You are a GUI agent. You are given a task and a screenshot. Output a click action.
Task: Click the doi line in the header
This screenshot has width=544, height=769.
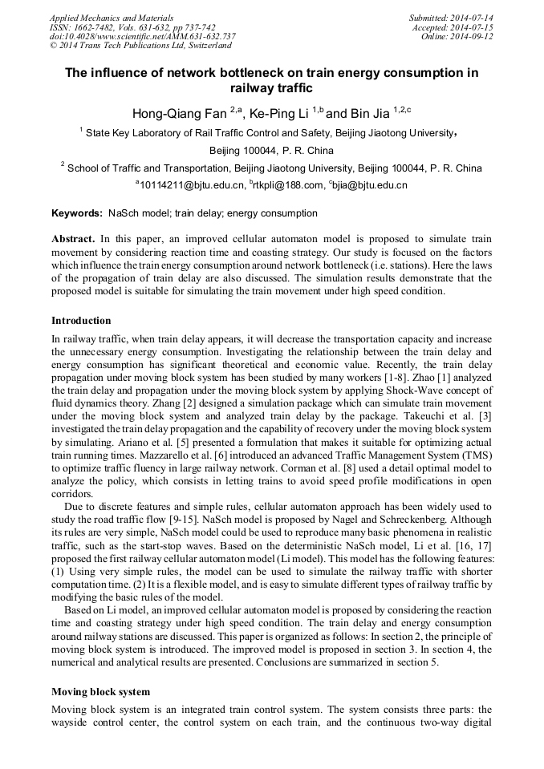click(x=142, y=37)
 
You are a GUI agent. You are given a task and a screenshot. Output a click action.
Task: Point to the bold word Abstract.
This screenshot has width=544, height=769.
click(x=74, y=239)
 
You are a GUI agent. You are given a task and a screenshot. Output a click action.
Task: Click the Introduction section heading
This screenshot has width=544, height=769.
click(x=81, y=321)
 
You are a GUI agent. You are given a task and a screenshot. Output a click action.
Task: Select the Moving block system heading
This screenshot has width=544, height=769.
click(x=100, y=691)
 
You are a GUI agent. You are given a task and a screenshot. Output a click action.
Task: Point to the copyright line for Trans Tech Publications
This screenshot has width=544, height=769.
click(x=140, y=47)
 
